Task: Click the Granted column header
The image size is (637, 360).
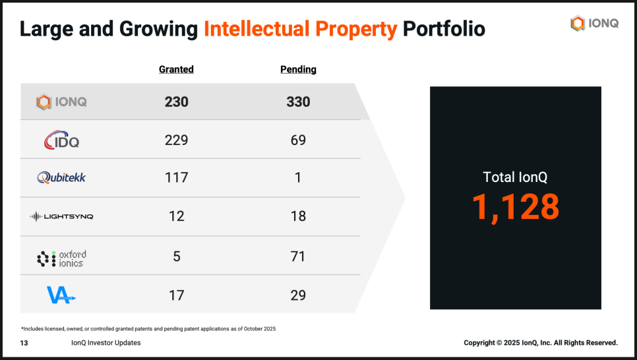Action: point(176,69)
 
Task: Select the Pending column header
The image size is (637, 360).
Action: point(298,69)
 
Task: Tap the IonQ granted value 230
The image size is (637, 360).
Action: point(177,102)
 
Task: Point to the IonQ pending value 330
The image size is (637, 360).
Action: point(298,102)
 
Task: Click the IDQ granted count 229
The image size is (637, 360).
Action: point(177,140)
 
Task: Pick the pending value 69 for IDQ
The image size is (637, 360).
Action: point(298,140)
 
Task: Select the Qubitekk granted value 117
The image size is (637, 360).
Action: point(177,177)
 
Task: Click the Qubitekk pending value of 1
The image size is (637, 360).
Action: point(298,177)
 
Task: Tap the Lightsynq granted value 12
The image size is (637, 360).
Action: point(177,216)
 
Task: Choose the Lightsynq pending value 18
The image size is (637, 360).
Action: point(298,216)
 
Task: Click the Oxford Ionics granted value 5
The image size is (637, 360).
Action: point(177,256)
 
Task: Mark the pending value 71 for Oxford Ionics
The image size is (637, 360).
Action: point(298,256)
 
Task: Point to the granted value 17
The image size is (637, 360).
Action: point(177,295)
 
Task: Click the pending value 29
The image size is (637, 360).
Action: point(298,295)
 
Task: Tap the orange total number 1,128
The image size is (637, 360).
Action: point(515,207)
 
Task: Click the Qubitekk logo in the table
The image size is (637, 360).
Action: point(61,177)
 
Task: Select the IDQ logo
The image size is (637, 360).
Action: point(61,140)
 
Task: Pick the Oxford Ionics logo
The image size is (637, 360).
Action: point(61,258)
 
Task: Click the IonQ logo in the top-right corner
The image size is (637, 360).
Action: point(594,24)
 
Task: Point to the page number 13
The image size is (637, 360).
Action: point(24,343)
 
